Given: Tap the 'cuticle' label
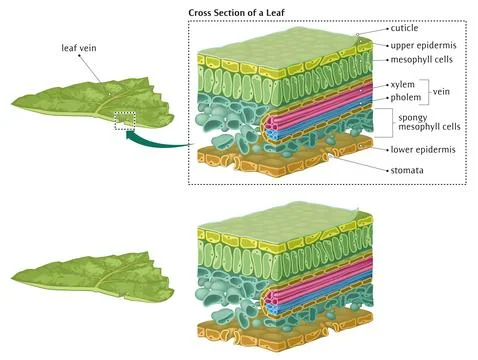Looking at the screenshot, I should [x=404, y=30].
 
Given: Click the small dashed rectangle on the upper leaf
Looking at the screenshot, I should [x=124, y=120].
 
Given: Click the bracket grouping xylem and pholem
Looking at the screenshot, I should [x=426, y=92].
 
